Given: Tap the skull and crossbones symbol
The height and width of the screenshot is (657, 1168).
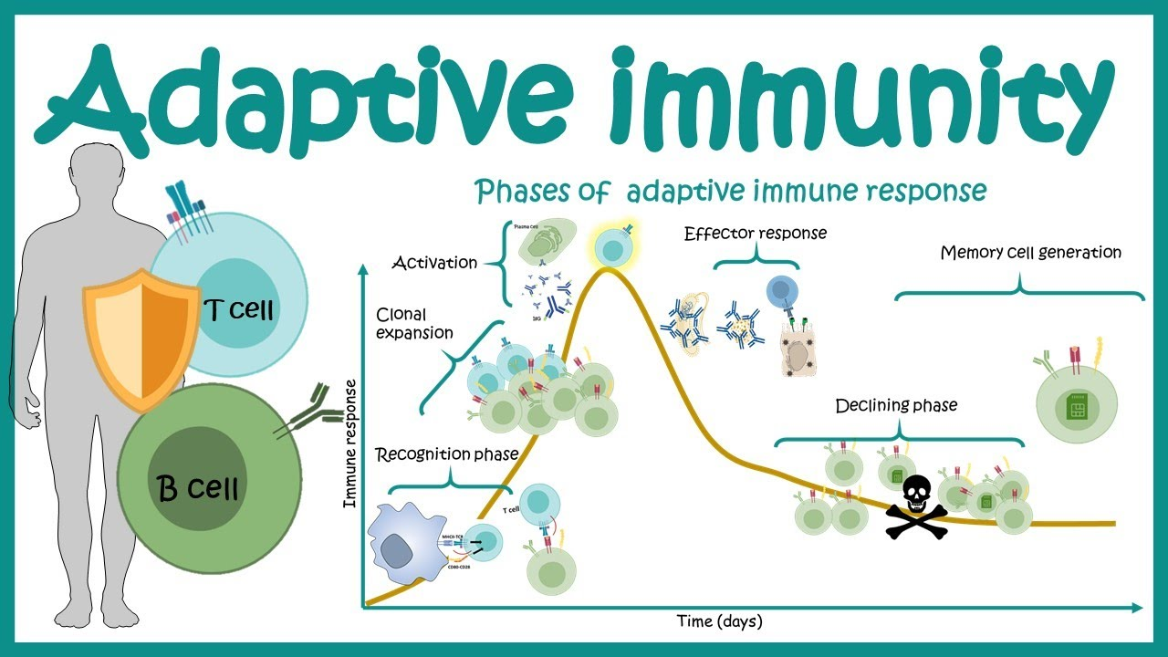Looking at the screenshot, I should (x=914, y=506).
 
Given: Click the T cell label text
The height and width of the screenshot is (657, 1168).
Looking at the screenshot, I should (x=240, y=311).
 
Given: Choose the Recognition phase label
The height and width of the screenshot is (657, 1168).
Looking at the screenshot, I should (x=446, y=454).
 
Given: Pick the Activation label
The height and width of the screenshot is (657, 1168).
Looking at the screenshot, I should (x=434, y=263).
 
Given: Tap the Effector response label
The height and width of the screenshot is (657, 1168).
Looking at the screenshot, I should (x=756, y=233).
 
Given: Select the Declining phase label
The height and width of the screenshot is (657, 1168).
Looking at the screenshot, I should (x=896, y=405).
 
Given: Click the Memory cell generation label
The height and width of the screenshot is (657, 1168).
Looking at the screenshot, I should (x=1030, y=253).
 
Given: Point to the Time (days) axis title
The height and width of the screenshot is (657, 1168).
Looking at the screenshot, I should (x=719, y=621).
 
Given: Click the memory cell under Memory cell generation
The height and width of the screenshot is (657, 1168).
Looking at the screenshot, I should (x=1078, y=402).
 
